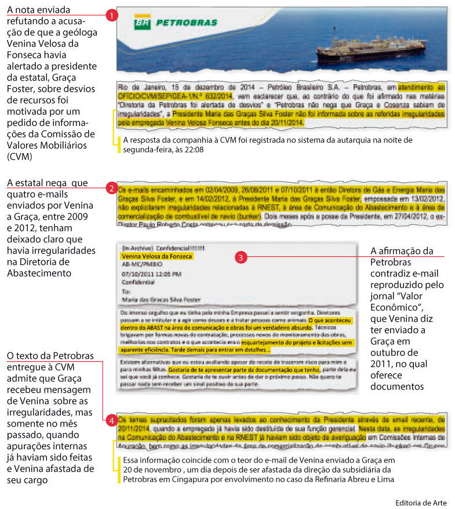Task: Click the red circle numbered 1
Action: pyautogui.click(x=112, y=16)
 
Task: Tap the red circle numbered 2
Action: pyautogui.click(x=112, y=188)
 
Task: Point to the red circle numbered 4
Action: pyautogui.click(x=112, y=420)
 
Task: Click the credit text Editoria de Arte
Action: pyautogui.click(x=421, y=502)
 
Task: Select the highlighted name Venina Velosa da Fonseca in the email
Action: pyautogui.click(x=156, y=256)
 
